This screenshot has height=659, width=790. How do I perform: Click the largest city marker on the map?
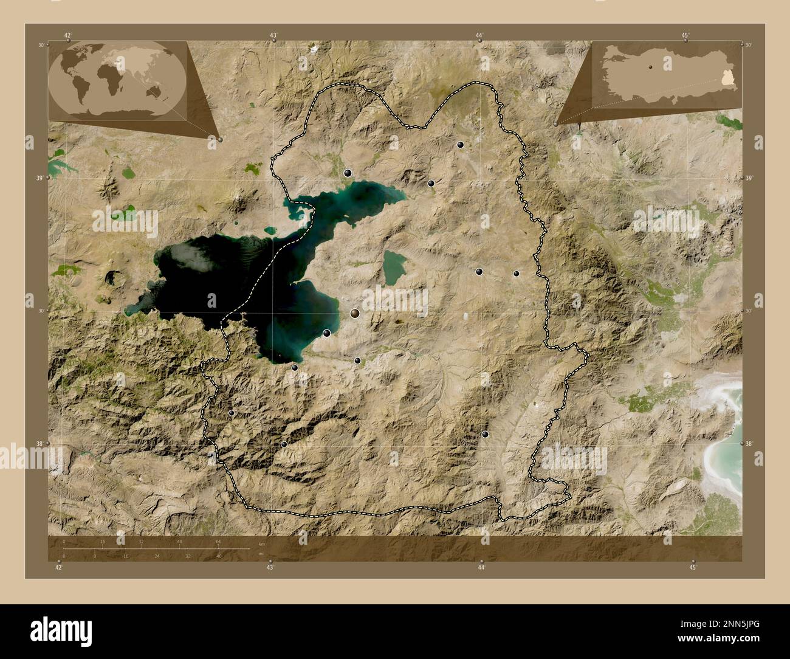click(355, 312)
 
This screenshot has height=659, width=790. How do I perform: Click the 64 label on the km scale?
click(218, 541)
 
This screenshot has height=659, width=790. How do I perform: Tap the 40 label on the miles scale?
click(218, 556)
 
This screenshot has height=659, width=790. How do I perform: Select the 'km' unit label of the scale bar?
click(262, 542)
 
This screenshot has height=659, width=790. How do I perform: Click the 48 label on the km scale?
click(179, 541)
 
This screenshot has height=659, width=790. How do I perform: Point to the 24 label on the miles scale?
click(157, 556)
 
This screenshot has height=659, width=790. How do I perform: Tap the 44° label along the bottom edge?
click(481, 567)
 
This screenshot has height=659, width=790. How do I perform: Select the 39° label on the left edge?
click(41, 178)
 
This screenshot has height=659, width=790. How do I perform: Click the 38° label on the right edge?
click(749, 444)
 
